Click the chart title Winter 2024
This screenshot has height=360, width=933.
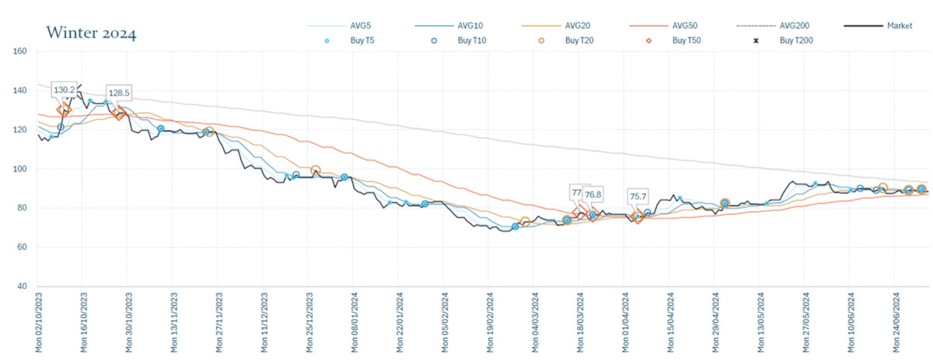pos(92,33)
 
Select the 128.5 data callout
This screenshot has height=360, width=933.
pos(119,93)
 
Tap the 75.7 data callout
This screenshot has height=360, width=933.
pos(639,197)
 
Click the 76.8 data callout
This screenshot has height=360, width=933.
pos(594,194)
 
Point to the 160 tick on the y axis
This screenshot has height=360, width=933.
pos(20,51)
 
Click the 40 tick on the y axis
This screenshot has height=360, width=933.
pos(23,286)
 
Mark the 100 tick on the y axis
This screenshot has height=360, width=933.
pos(20,169)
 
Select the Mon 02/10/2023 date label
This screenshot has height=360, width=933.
pos(40,322)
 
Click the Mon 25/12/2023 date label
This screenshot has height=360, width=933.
pos(310,322)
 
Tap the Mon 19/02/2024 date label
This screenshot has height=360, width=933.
pos(491,322)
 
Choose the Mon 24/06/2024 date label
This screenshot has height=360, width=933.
pos(896,322)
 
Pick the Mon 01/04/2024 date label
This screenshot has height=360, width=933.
pos(626,322)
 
